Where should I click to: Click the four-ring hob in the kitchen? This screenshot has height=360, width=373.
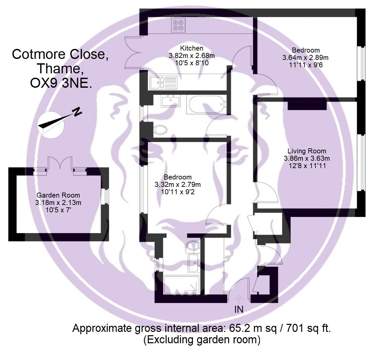coord(178,25)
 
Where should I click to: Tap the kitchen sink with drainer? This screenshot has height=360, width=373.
coord(163,82)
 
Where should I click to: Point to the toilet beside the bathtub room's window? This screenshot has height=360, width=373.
coord(160,130)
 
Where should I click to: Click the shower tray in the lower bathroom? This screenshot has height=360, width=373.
coord(182,285)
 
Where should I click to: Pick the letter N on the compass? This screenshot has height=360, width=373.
coord(77,112)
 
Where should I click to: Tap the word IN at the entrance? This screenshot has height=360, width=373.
coord(239,309)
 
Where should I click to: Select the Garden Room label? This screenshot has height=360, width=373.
coord(58,195)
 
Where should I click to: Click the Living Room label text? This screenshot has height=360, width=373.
coord(307,151)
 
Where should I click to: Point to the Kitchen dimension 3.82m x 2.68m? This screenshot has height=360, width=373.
coord(192,56)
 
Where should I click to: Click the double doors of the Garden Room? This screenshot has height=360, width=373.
coord(60,164)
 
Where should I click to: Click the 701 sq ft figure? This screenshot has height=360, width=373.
coord(308,328)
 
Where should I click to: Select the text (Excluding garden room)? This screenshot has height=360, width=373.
coord(202,340)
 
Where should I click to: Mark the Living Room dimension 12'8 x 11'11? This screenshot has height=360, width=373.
coord(307,166)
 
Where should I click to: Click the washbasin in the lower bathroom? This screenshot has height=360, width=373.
coord(194,263)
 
